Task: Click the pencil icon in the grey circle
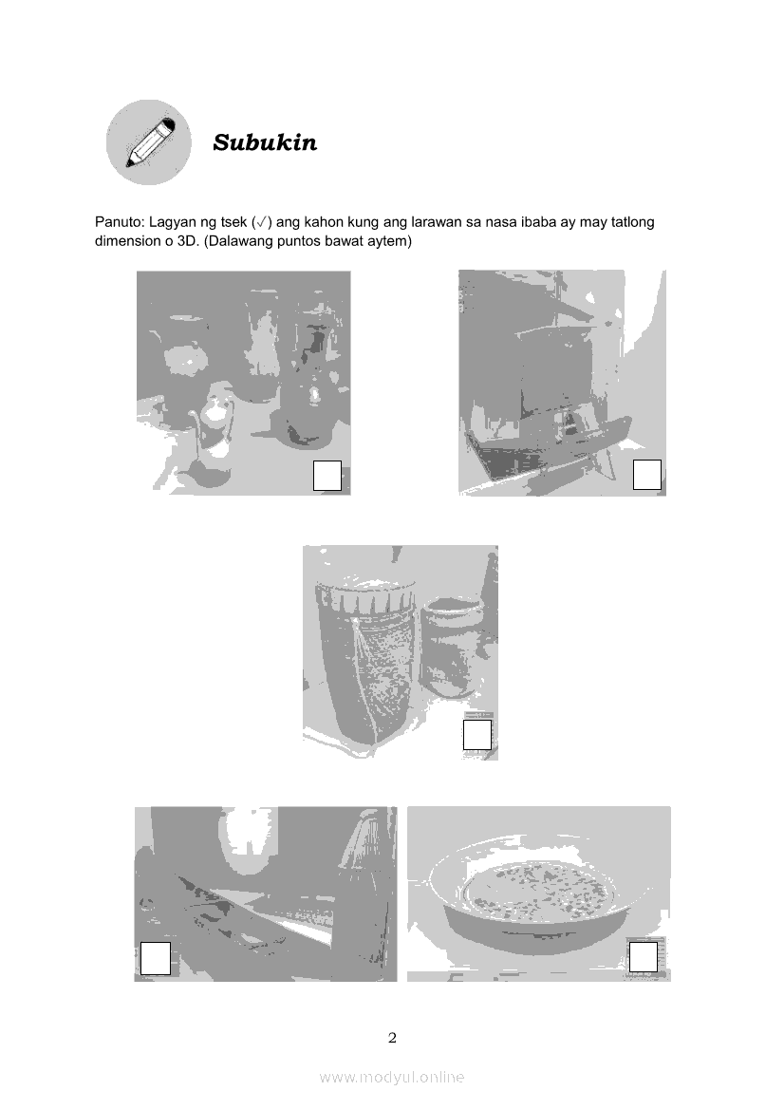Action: coord(149,142)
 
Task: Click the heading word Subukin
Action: coord(265,142)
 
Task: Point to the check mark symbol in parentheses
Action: coord(261,222)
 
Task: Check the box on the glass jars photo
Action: coord(327,475)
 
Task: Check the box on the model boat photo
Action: coord(646,475)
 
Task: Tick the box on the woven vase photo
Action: coord(476,735)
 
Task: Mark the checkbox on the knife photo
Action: coord(155,958)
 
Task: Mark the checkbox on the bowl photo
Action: coord(644,956)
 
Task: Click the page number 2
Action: coord(393,1039)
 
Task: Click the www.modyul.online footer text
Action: coord(392,1078)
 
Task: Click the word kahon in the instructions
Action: coord(324,221)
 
